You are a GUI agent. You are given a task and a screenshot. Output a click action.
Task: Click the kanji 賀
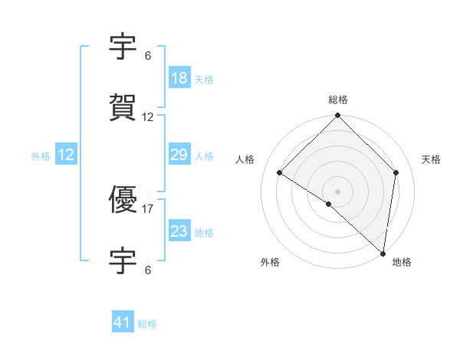123,108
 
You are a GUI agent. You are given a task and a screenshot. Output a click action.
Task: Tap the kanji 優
123,201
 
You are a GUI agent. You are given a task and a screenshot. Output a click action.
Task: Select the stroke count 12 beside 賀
148,117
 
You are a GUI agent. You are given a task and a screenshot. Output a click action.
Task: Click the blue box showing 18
179,78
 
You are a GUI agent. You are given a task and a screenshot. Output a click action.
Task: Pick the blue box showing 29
179,155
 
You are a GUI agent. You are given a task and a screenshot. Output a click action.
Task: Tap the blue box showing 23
179,231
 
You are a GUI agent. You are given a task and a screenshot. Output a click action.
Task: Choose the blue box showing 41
123,322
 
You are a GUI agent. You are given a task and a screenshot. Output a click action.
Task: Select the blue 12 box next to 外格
66,155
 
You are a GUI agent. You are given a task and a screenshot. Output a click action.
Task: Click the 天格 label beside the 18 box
204,80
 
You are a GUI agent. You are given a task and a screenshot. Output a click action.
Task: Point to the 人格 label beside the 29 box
204,156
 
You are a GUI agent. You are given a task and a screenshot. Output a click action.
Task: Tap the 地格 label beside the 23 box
204,233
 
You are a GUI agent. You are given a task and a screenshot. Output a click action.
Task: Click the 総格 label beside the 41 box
147,324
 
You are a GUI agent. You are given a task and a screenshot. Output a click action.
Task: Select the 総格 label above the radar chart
338,100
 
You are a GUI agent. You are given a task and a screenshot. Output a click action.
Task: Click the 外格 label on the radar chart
270,263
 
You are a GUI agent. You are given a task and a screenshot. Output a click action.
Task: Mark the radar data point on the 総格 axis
338,116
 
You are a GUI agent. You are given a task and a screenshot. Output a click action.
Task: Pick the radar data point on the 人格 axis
280,172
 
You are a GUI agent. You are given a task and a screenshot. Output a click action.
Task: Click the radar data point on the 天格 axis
396,172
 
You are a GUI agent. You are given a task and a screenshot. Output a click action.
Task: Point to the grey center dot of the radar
338,191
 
